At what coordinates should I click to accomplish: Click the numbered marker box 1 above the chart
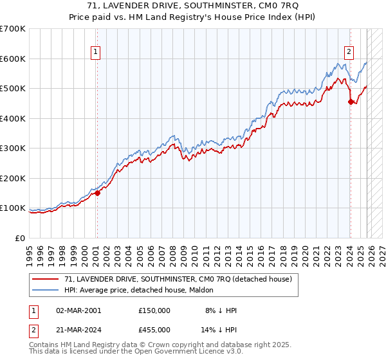coord(95,53)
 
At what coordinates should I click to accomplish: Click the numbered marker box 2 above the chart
coord(349,53)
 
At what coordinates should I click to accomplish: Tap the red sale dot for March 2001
coord(97,193)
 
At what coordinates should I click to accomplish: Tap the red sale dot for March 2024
coord(351,102)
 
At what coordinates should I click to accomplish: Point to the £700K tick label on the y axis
coord(13,29)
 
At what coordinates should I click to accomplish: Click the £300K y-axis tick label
coord(13,148)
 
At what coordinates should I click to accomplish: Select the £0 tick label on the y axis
coord(21,238)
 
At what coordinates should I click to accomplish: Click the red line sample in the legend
coord(46,279)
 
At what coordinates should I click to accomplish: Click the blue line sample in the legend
coord(46,290)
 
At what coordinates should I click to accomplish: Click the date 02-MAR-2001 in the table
coord(78,310)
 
